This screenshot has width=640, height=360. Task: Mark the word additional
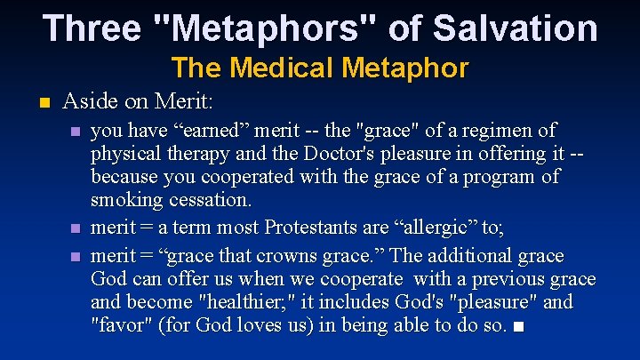coord(474,256)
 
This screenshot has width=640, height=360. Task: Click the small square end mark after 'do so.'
coord(519,326)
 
